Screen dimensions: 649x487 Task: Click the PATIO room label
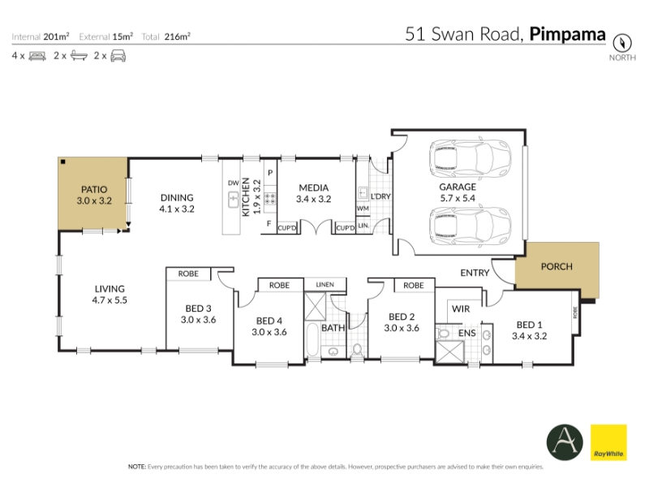[94, 190]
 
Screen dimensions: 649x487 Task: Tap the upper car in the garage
[470, 159]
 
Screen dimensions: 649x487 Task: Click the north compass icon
[622, 43]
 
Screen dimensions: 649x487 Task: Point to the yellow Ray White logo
[608, 442]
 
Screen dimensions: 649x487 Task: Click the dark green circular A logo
[565, 442]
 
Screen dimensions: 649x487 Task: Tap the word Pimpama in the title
[567, 34]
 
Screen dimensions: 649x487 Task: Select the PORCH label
[557, 267]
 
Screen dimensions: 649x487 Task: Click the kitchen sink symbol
[234, 200]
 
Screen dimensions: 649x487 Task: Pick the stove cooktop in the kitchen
[270, 199]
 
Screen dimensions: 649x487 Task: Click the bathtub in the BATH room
[312, 340]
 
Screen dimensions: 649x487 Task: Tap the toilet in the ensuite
[442, 333]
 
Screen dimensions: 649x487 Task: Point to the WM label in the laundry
[363, 209]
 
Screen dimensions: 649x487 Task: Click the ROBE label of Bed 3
[188, 274]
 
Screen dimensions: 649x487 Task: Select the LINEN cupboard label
[325, 285]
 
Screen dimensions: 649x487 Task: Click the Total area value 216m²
[177, 37]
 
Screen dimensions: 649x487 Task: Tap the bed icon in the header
[37, 56]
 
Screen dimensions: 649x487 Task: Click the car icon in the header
[118, 55]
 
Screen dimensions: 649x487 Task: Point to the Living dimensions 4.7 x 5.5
[110, 300]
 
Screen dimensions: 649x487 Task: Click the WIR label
[461, 309]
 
